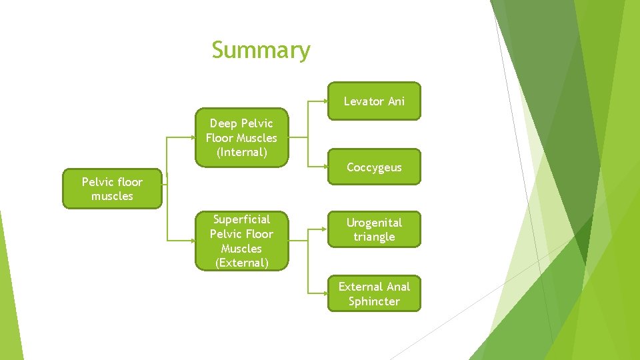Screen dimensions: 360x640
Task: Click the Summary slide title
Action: [261, 50]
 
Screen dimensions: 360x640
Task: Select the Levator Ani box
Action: [374, 101]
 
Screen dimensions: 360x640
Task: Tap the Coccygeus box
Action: [374, 167]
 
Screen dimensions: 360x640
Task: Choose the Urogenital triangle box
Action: [374, 229]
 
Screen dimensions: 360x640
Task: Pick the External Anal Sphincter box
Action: [374, 294]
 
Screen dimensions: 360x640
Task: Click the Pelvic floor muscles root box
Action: [112, 189]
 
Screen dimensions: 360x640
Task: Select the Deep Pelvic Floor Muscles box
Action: [241, 137]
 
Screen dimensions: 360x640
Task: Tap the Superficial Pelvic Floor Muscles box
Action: [241, 241]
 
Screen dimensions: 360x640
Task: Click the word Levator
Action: [364, 101]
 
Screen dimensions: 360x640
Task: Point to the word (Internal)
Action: [241, 152]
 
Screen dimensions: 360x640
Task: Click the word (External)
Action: [241, 263]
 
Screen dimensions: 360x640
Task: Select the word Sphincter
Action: [374, 301]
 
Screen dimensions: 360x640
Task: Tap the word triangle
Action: [374, 237]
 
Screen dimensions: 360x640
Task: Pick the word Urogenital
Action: [374, 222]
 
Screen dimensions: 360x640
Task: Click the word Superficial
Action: [241, 219]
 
